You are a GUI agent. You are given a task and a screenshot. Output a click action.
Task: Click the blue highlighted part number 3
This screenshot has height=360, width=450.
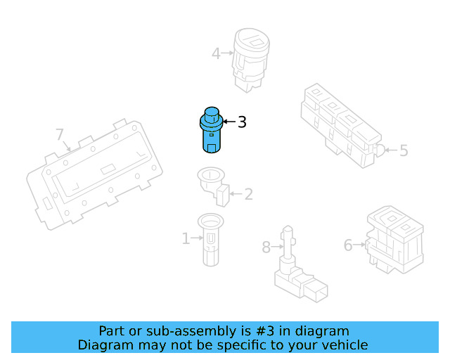pos(210,131)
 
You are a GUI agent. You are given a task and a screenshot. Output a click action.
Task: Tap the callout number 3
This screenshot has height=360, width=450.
pos(242,122)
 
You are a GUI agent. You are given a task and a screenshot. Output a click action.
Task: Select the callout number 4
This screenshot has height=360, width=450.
pos(217,52)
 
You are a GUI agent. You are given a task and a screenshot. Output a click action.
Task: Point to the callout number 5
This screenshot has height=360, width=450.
pos(404,150)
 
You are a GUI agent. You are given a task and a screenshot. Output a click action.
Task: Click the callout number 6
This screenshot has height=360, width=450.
pos(348,245)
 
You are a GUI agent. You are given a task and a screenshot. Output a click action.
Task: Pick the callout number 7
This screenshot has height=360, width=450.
pos(60,134)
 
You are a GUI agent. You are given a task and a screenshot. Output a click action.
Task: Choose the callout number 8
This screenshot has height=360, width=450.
pos(266,247)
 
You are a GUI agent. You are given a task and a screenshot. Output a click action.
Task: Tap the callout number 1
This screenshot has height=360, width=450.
pos(186,239)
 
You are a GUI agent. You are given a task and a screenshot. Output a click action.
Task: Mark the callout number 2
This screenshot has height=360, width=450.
pos(248,194)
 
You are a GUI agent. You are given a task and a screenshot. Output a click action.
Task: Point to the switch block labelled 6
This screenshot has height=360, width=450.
pos(394,239)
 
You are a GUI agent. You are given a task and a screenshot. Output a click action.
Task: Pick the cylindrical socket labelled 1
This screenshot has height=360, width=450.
pos(210,240)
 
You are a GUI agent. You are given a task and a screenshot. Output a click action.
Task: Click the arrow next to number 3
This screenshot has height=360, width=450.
pos(229,122)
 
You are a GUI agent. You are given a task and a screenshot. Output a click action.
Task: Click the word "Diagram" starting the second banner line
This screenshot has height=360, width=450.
pos(103,345)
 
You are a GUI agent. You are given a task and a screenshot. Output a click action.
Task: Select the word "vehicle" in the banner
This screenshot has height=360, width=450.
pos(345,345)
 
